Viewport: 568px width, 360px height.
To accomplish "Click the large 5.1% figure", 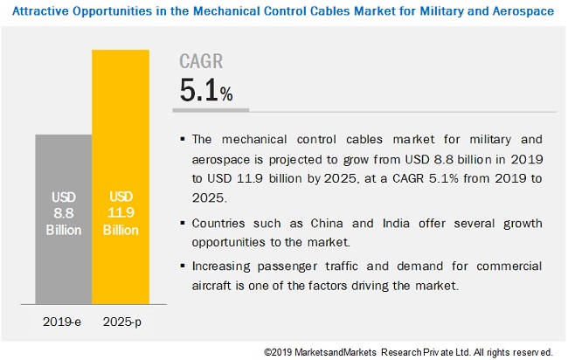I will point(205,91).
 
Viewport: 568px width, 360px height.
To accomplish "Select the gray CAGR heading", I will point(201,61).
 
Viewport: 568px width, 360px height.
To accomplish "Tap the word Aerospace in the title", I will point(526,12).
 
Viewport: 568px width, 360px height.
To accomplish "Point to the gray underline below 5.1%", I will point(213,111).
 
